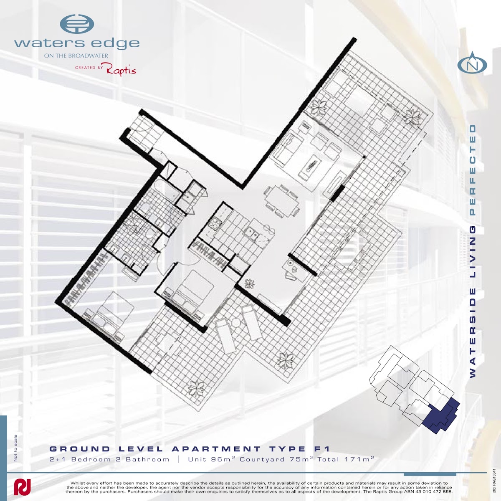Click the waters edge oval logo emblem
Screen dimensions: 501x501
[x=77, y=24]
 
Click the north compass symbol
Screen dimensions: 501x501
[x=472, y=63]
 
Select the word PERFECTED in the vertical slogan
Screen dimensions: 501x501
[x=473, y=170]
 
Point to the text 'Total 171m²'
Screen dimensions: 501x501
[x=346, y=459]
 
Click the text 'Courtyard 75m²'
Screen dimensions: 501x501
[x=276, y=459]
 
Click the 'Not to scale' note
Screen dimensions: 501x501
[x=15, y=448]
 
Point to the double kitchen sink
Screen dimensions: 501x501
[x=250, y=232]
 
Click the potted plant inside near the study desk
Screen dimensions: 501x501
[x=250, y=283]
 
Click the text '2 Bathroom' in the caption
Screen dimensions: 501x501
[x=142, y=459]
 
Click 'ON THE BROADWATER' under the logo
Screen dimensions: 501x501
[x=76, y=56]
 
